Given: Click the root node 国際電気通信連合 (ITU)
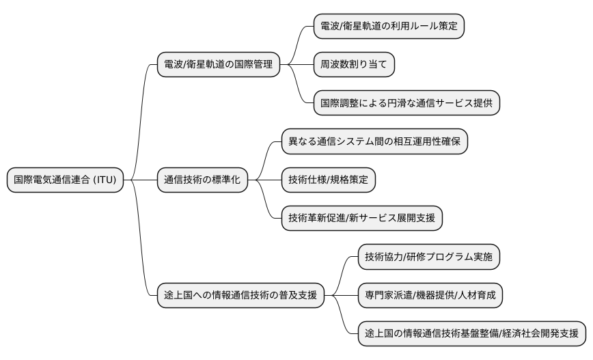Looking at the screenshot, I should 65,180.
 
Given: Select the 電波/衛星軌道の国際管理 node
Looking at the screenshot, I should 218,65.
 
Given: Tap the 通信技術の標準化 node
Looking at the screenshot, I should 202,180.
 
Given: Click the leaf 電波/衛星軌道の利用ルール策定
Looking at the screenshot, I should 389,27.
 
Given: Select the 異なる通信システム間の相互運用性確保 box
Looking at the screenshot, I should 374,142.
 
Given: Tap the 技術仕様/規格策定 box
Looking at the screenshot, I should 328,180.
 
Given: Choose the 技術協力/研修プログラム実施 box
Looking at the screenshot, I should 429,257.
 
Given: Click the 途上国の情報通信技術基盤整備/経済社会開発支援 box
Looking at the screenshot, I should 471,334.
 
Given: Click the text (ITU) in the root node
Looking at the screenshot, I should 105,180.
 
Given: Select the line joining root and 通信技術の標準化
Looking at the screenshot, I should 140,180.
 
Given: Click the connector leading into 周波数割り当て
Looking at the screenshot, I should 301,65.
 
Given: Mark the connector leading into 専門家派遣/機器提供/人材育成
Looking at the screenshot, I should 345,296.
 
